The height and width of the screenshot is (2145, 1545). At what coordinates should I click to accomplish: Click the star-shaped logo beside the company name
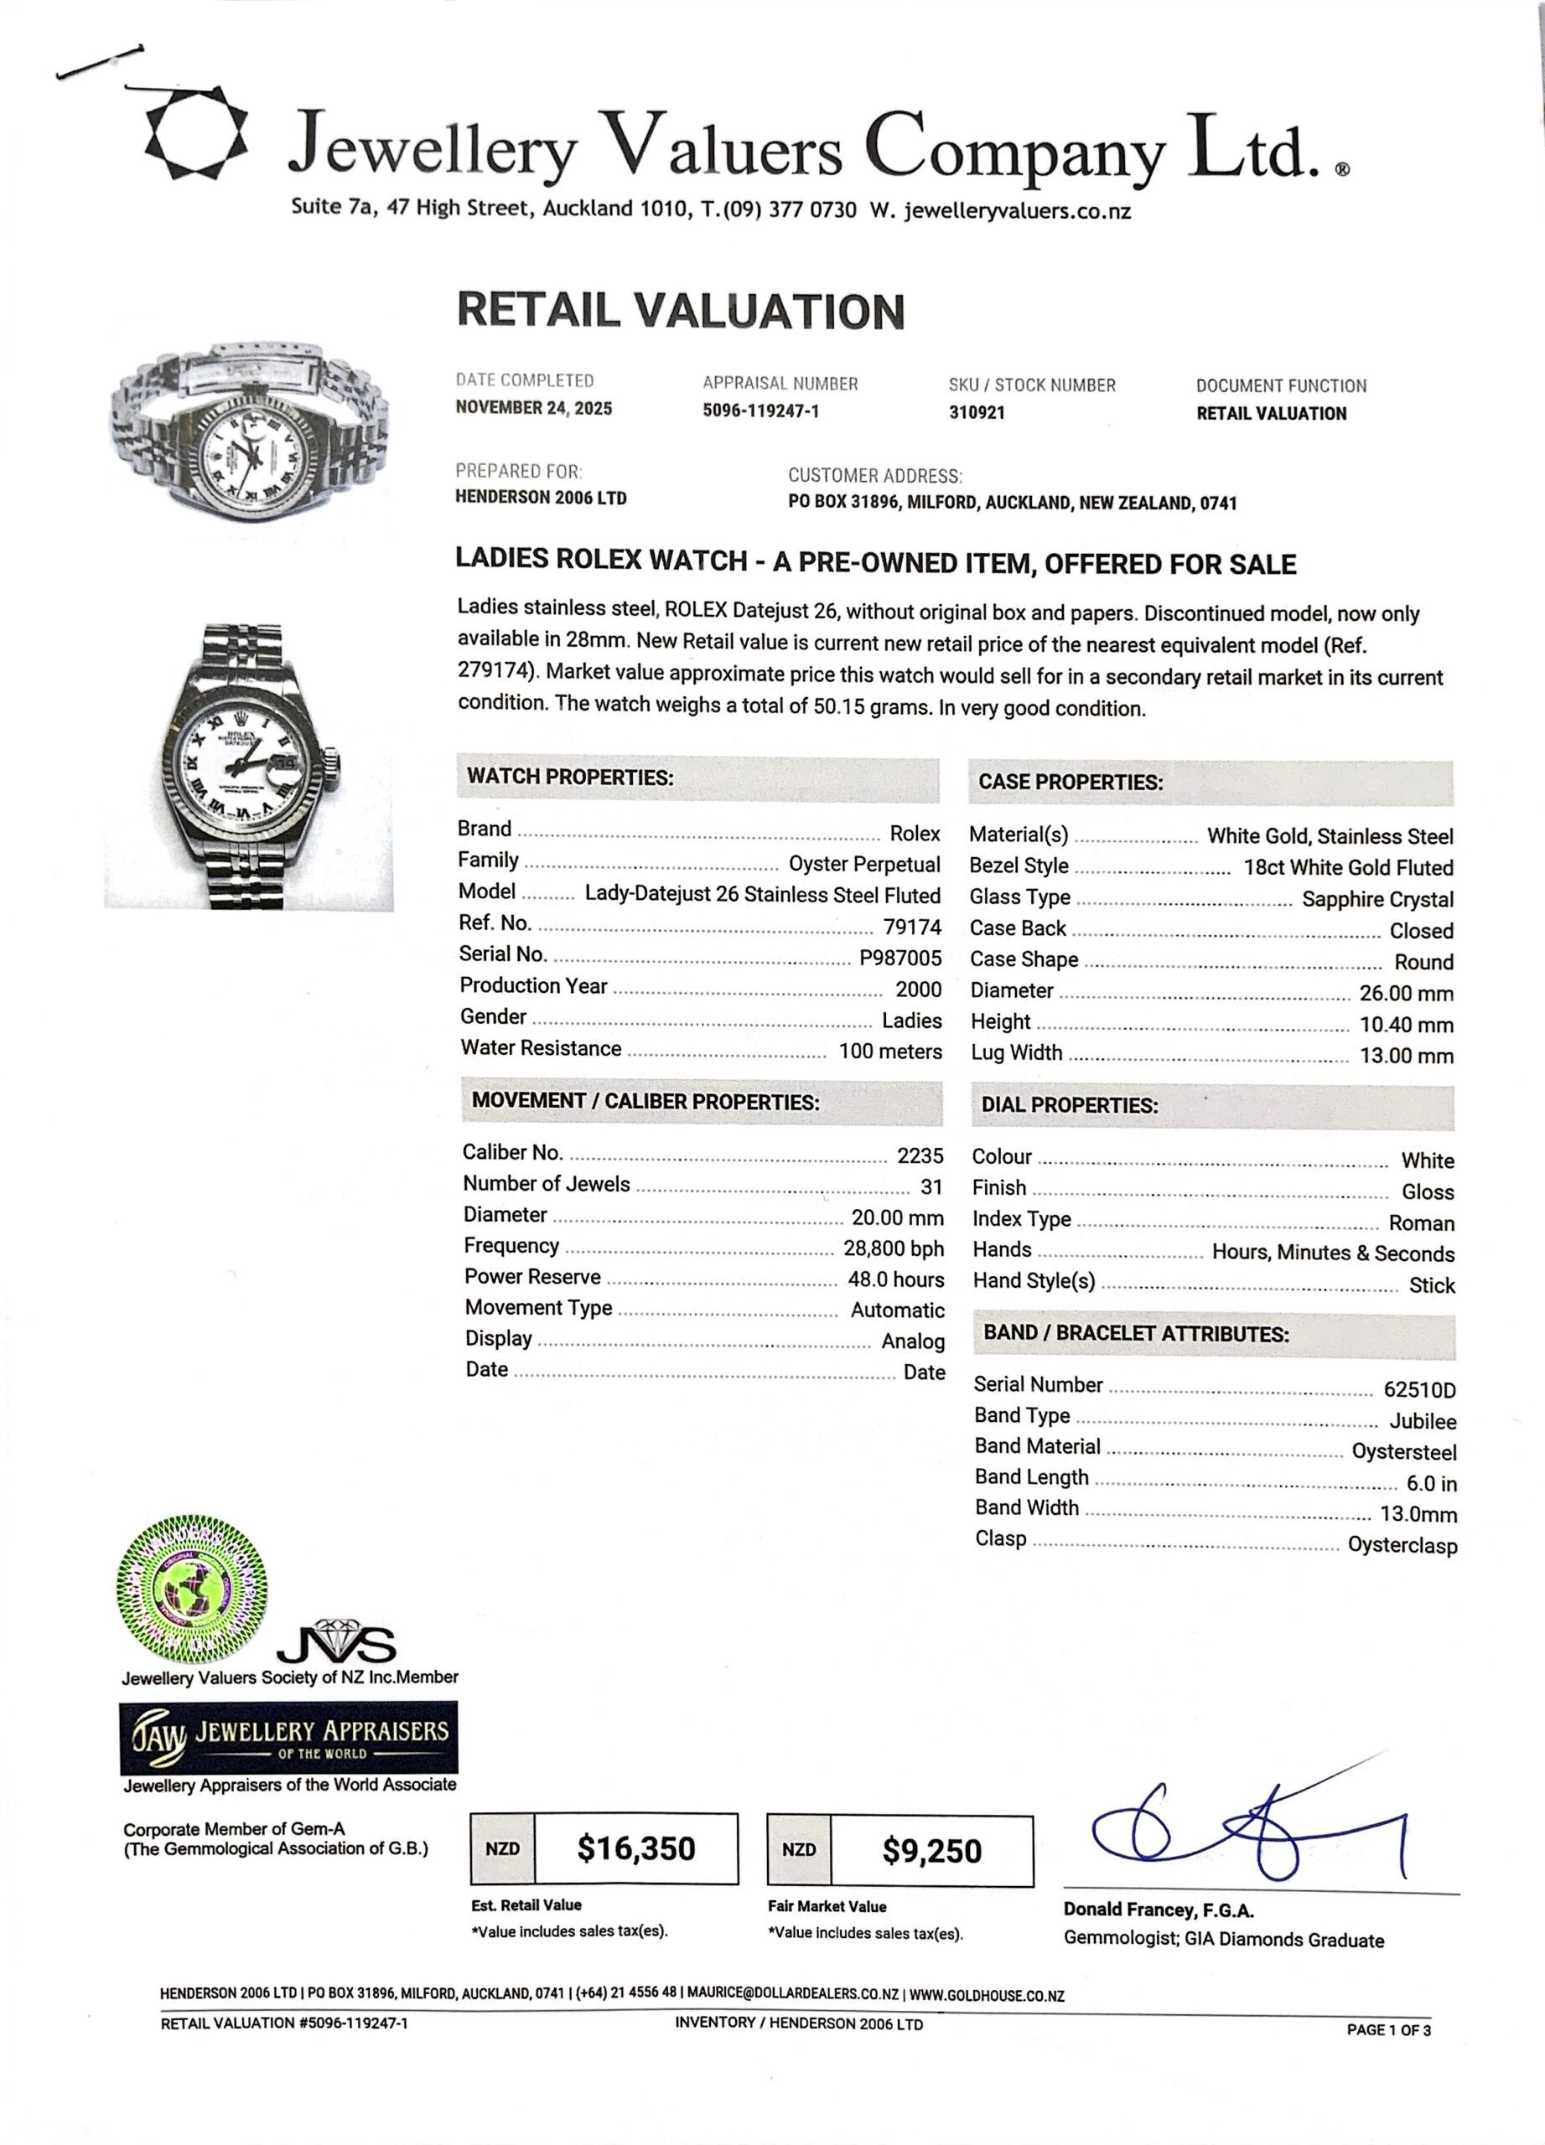196,133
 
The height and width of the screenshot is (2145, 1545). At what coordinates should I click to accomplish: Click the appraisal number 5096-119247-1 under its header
760,411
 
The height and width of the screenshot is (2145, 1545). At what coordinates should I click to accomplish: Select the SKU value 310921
977,412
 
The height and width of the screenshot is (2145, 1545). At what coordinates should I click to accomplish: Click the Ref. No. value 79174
912,925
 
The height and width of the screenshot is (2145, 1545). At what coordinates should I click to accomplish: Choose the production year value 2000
918,990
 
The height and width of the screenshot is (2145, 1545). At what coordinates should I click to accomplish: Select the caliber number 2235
920,1155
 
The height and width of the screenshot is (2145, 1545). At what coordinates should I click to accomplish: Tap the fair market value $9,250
932,1851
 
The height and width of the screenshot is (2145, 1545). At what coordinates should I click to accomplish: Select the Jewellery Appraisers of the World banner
288,1738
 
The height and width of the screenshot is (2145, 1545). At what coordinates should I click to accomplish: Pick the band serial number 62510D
1419,1389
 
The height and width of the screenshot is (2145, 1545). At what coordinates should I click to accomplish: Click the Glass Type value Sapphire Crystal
1377,899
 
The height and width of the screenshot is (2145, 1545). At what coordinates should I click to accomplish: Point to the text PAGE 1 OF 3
1388,2029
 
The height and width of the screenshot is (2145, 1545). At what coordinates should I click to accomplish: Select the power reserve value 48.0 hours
895,1279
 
